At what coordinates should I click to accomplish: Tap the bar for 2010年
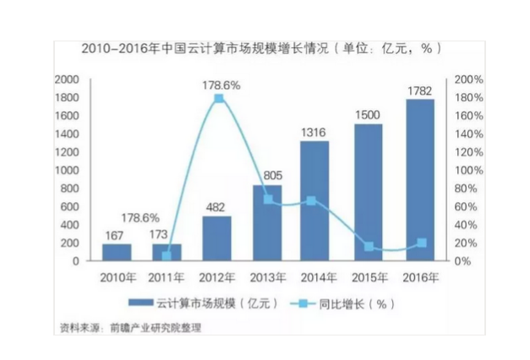[x=117, y=252]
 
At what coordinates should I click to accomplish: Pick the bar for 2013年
[x=268, y=222]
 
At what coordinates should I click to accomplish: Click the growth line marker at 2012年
[x=218, y=99]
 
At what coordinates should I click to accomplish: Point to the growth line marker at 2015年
[x=369, y=246]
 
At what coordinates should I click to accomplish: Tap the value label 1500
[x=369, y=114]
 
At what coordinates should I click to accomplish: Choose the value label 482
[x=218, y=205]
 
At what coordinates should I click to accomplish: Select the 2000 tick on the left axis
[x=67, y=79]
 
